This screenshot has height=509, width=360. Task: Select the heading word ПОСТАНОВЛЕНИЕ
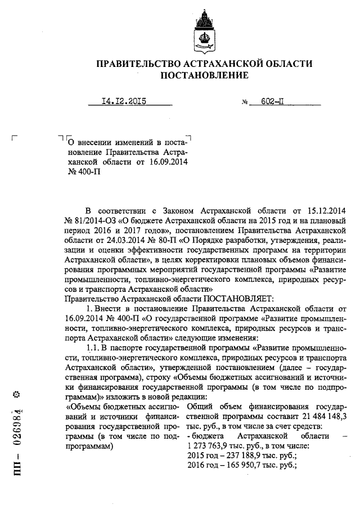(204, 75)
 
